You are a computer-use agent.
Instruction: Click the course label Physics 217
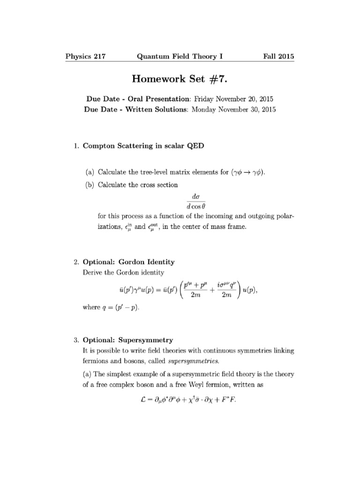click(x=85, y=57)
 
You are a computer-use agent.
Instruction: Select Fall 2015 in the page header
click(x=278, y=57)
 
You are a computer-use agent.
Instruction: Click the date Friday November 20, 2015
click(x=233, y=99)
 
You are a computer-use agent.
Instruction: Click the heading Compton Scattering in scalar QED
click(x=143, y=146)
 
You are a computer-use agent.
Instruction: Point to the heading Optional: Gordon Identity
click(x=129, y=262)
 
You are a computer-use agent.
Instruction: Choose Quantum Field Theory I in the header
click(x=180, y=57)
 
